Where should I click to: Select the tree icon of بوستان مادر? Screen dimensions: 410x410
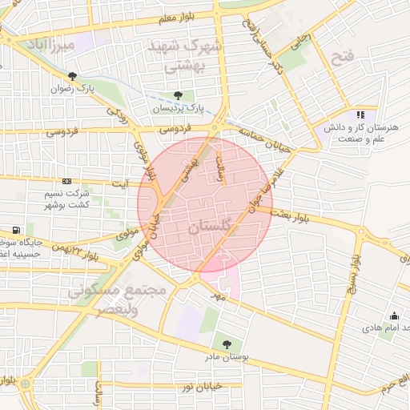point(228,344)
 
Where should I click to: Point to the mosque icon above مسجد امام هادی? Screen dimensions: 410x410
point(393,316)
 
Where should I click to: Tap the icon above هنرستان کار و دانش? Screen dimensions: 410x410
point(360,115)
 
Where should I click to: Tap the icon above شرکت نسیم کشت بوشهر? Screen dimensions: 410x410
point(66,181)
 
